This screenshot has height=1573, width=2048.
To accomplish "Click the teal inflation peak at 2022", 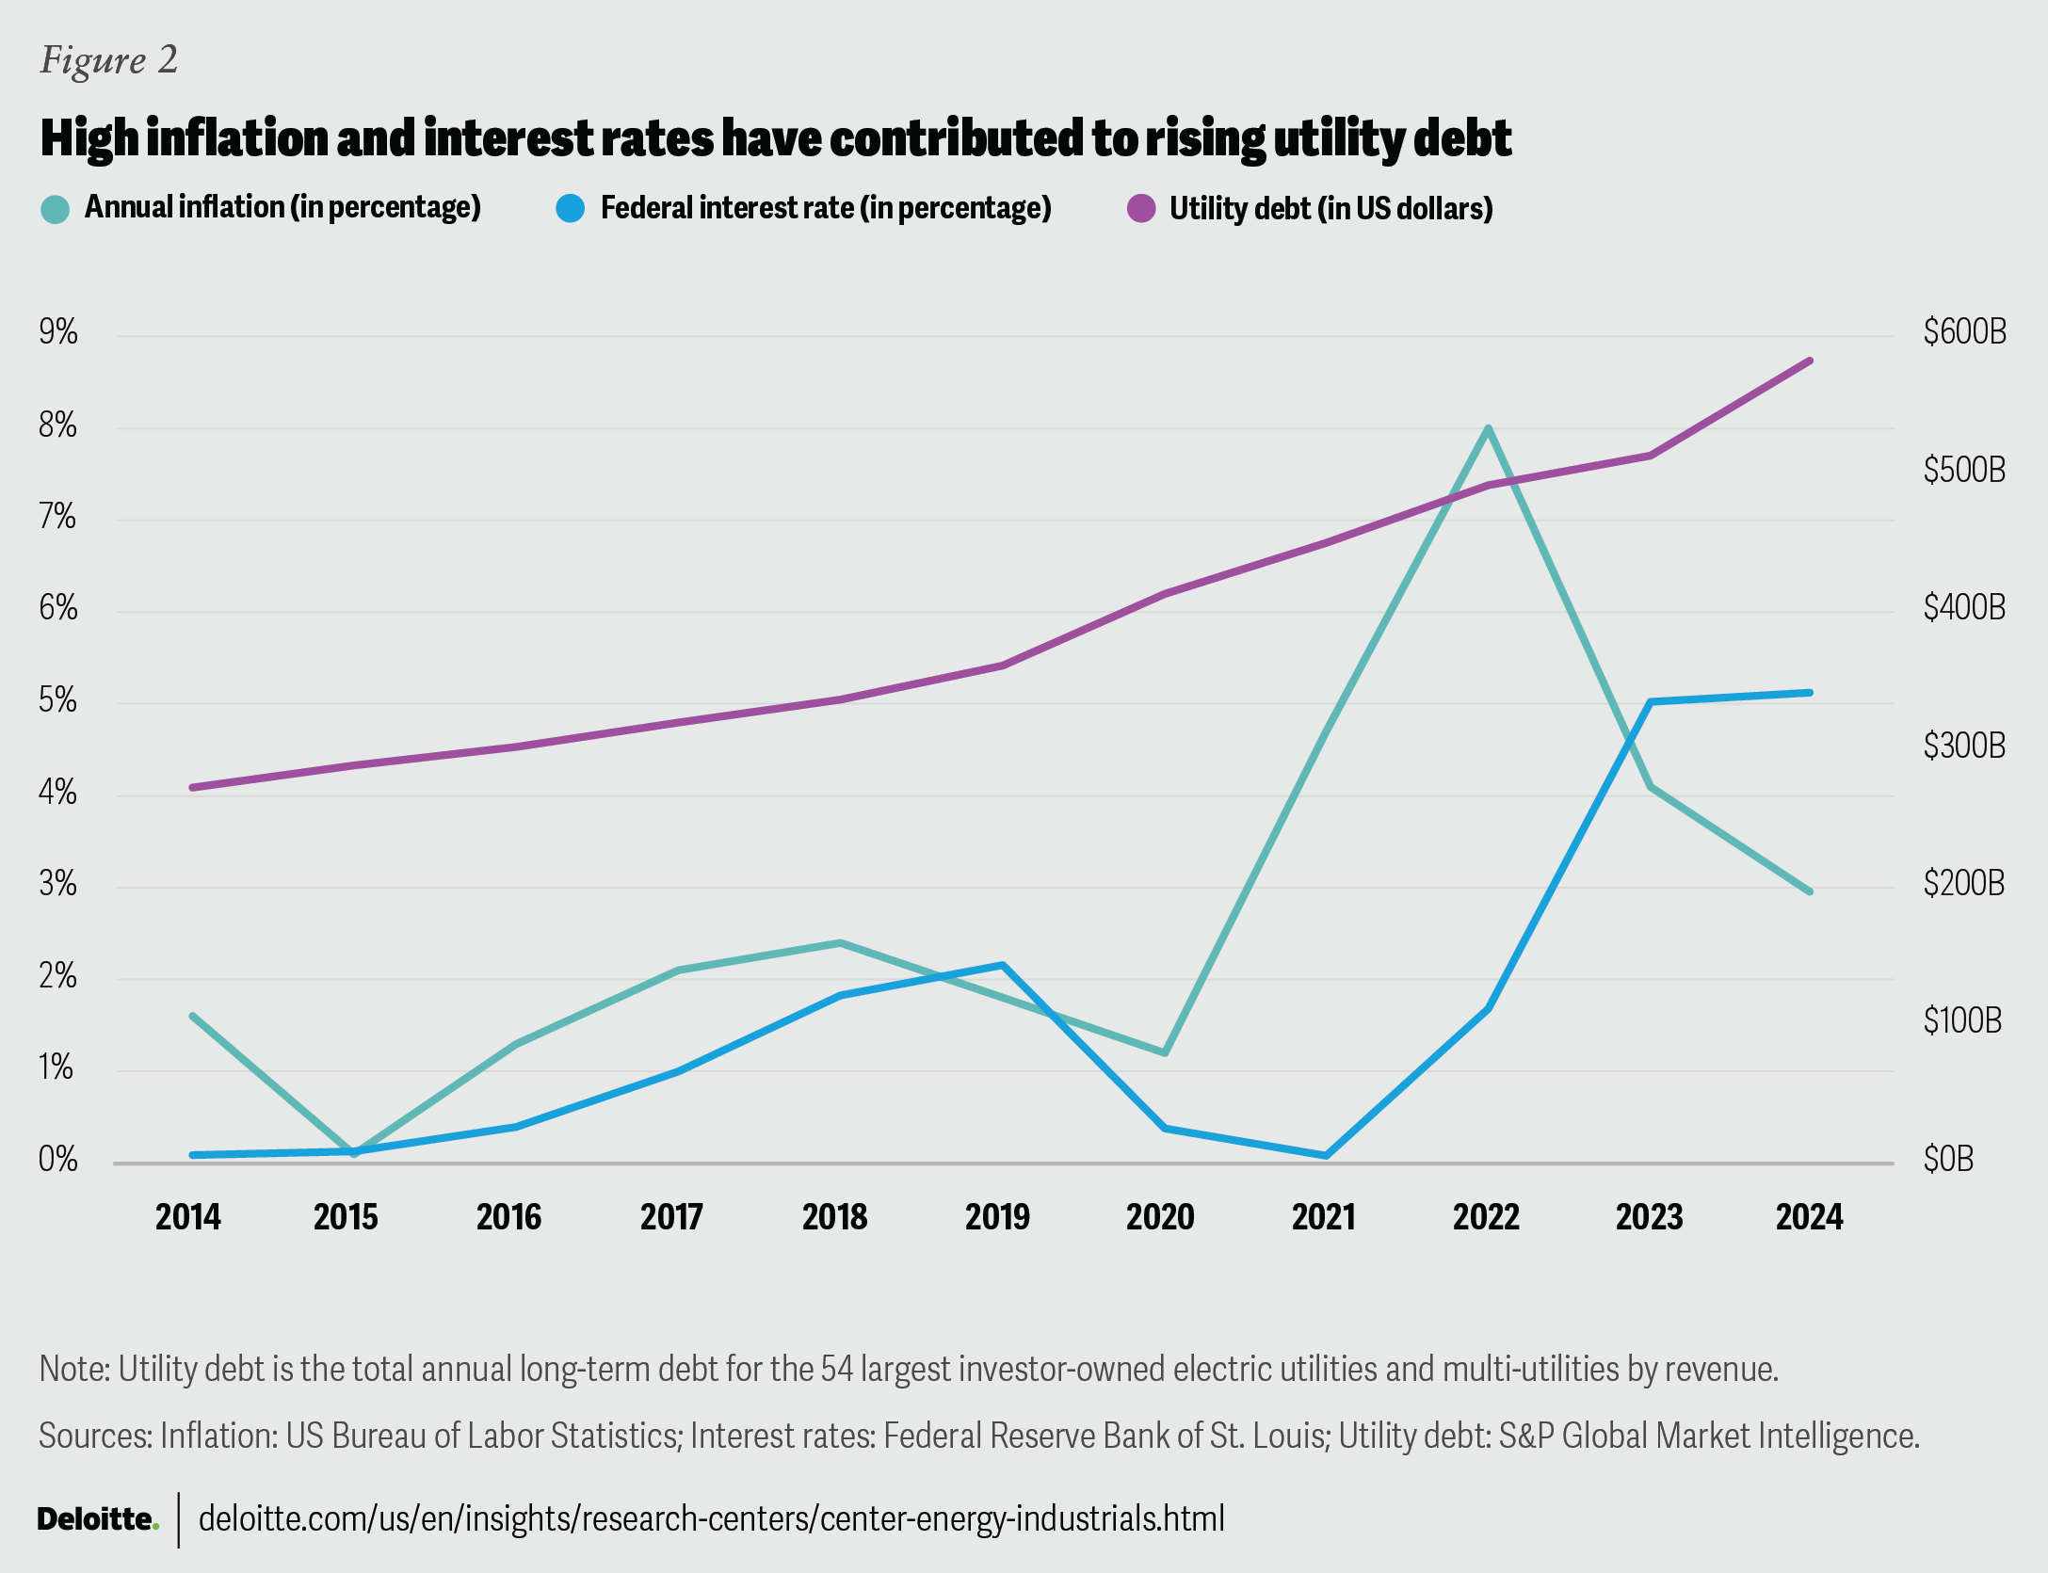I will pyautogui.click(x=1488, y=429).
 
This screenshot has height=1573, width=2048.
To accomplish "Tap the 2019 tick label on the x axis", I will pyautogui.click(x=997, y=1217).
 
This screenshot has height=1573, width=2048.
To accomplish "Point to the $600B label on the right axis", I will pyautogui.click(x=1964, y=331).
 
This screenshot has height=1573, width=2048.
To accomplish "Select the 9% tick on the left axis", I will pyautogui.click(x=58, y=331).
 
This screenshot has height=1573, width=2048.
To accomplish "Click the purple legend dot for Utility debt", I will pyautogui.click(x=1141, y=208).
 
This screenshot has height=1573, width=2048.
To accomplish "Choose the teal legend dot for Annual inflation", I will pyautogui.click(x=56, y=208).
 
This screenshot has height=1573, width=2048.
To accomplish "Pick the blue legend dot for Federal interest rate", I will pyautogui.click(x=571, y=208).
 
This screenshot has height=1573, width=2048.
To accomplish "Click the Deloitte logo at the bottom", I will pyautogui.click(x=97, y=1518).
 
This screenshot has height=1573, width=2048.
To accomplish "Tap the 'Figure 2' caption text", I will pyautogui.click(x=108, y=60).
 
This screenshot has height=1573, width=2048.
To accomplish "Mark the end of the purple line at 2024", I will pyautogui.click(x=1810, y=361).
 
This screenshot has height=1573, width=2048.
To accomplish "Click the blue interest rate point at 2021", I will pyautogui.click(x=1326, y=1155).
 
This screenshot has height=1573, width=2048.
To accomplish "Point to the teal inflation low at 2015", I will pyautogui.click(x=354, y=1153).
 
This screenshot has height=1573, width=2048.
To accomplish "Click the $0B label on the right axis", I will pyautogui.click(x=1947, y=1159).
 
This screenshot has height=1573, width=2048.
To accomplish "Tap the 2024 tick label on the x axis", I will pyautogui.click(x=1809, y=1217).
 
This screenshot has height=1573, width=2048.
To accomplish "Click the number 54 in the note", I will pyautogui.click(x=836, y=1368).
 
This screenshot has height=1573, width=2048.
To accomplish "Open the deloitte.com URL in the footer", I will pyautogui.click(x=711, y=1518).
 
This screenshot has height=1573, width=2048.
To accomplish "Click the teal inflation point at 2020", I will pyautogui.click(x=1165, y=1052).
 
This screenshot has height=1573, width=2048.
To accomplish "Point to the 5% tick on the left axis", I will pyautogui.click(x=58, y=700).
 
